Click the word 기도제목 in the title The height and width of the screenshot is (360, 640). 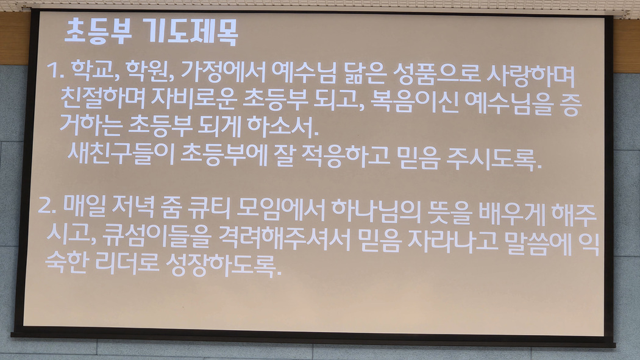click(193, 32)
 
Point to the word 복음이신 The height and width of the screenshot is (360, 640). click(414, 102)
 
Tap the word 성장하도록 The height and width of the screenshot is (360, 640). click(224, 264)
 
